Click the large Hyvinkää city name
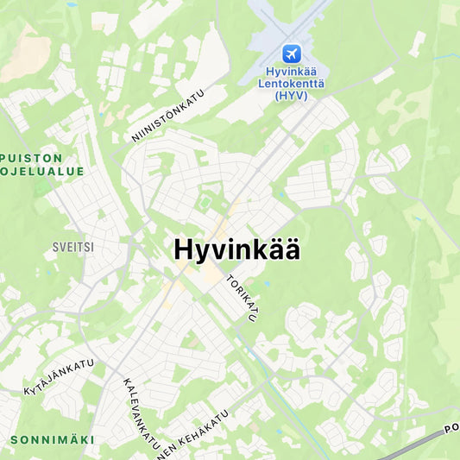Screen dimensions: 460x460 [x=237, y=249]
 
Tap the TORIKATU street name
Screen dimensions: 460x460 [x=242, y=299]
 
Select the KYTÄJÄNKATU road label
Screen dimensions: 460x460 [x=59, y=377]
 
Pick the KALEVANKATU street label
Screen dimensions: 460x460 [x=141, y=413]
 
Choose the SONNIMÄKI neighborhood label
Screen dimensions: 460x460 [x=52, y=439]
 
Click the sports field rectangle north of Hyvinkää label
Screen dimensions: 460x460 [x=205, y=204]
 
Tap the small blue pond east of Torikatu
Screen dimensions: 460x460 [x=267, y=283]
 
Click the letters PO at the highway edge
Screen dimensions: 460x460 [x=451, y=427]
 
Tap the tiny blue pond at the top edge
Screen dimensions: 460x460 [x=72, y=3]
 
